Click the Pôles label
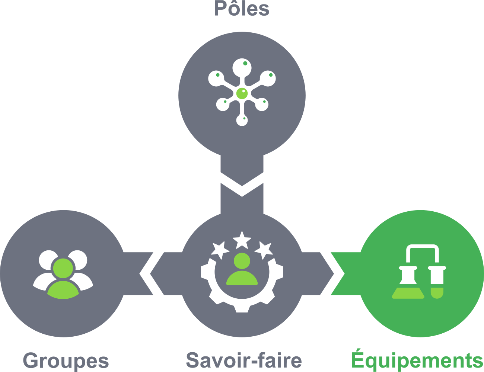coord(242,9)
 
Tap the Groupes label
coord(66,361)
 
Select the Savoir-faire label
coord(243,360)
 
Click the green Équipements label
coord(417,360)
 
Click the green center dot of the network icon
coord(242,93)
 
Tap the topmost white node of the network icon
coord(242,67)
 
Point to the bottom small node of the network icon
coord(242,120)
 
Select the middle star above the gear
coord(242,240)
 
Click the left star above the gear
coord(220,250)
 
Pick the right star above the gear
coord(265,249)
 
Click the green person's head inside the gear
coord(242,261)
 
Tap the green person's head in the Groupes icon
coord(63,268)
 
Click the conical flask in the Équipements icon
coord(408,285)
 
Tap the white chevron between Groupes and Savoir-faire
coord(146,274)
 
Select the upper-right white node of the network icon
coord(267,78)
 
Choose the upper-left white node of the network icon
coord(216,78)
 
